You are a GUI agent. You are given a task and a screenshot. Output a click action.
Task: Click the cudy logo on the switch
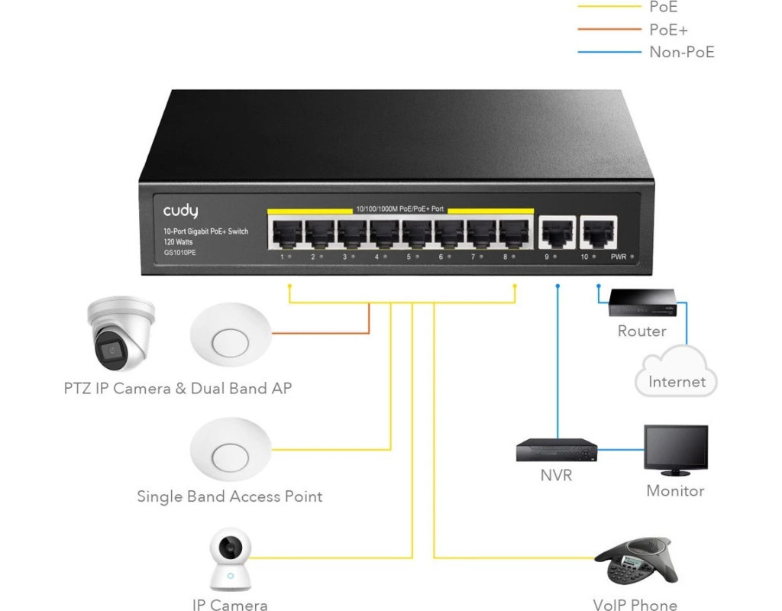coord(180,211)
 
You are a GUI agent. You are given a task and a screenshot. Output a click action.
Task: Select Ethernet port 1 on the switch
coord(284,231)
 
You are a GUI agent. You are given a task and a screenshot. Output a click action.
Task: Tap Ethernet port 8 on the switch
coord(514,231)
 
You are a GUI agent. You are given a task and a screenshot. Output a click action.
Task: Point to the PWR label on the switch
coord(619,257)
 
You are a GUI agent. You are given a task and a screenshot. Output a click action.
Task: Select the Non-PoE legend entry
coord(681,52)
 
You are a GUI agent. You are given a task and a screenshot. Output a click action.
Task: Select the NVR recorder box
coord(556,450)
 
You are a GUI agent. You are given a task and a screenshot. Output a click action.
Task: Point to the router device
coord(641,302)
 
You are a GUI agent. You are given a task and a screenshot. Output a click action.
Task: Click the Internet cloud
coord(676,372)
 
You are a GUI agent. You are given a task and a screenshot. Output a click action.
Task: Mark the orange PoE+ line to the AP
coord(321,332)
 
